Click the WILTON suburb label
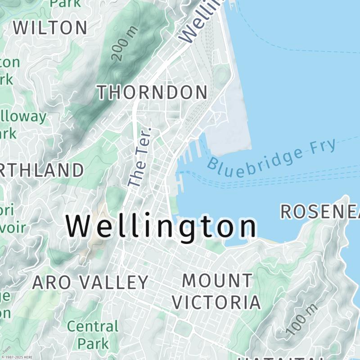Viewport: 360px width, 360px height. pos(50,28)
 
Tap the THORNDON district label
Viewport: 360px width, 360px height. pos(153,92)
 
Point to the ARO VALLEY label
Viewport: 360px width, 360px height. pos(90,282)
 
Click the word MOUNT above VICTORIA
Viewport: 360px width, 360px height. pos(217,281)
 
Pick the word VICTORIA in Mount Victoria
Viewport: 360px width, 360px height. pos(216,302)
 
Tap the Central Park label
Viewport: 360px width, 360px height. pos(93,334)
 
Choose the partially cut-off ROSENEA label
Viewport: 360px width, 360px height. pos(320,212)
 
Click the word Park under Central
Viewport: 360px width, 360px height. pos(93,343)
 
